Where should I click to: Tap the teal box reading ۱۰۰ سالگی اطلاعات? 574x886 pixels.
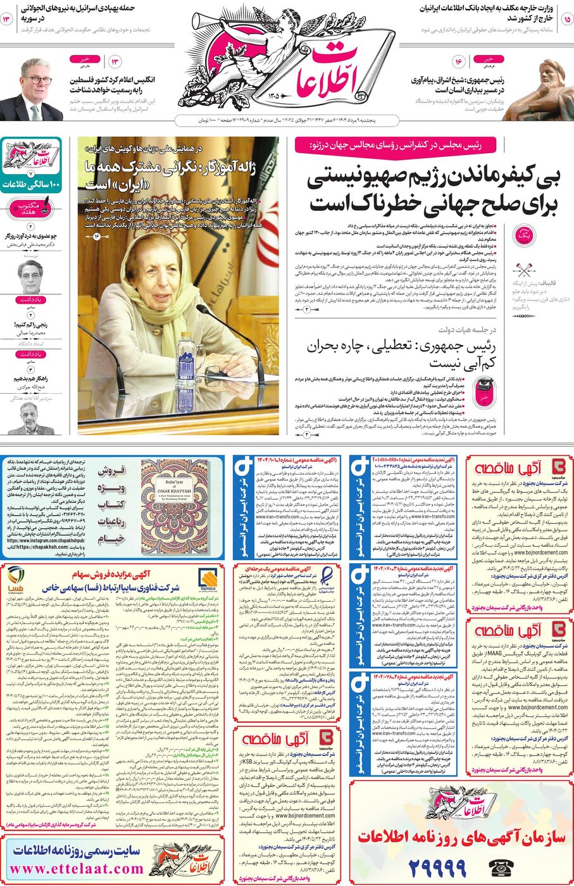coord(31,185)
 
